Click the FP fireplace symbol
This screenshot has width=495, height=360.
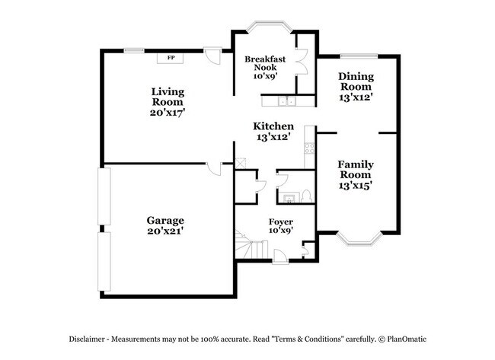click(170, 58)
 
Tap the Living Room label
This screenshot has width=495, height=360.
click(168, 96)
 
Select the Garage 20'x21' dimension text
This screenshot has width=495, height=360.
click(165, 230)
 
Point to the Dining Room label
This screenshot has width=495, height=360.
click(355, 81)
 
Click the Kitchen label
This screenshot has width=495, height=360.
click(274, 126)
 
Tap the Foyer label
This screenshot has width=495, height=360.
click(280, 221)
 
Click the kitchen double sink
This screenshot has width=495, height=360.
click(287, 100)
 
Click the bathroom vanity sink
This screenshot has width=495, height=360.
click(289, 199)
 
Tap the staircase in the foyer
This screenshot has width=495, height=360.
click(248, 247)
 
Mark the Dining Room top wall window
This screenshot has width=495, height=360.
click(356, 55)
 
